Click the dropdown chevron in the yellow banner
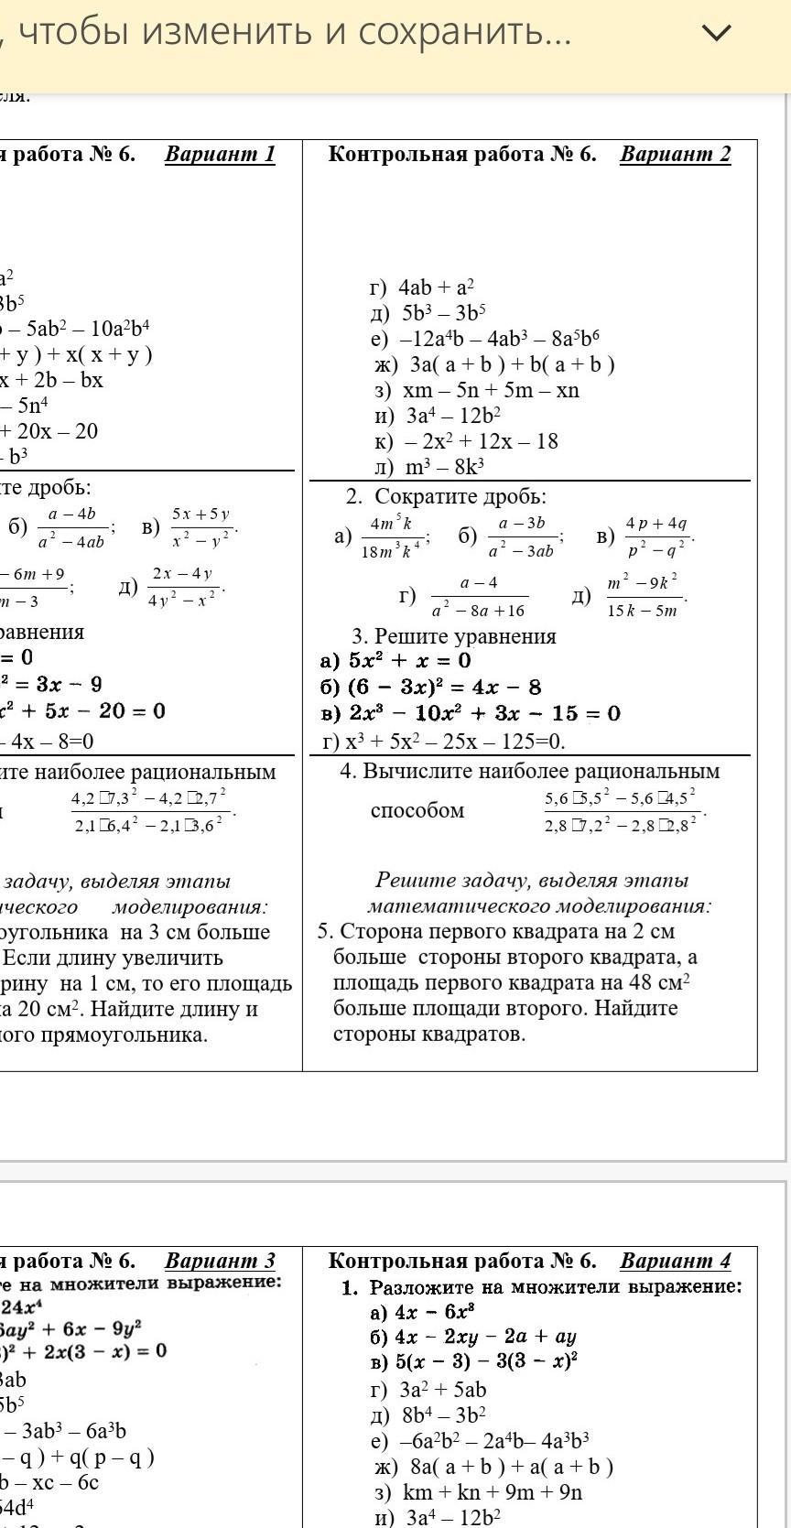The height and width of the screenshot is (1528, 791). (716, 33)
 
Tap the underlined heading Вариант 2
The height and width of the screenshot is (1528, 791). (675, 154)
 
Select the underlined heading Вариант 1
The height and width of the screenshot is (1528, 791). (220, 154)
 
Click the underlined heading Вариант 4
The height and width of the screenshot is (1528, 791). (675, 1261)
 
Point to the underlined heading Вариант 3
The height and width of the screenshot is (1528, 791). (220, 1261)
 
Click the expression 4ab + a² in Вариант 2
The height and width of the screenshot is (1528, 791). (436, 287)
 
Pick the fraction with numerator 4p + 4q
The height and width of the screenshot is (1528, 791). (656, 536)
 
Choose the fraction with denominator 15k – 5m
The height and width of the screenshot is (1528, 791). (643, 596)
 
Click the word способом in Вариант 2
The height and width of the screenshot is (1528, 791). (417, 810)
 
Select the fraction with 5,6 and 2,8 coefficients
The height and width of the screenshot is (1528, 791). (622, 810)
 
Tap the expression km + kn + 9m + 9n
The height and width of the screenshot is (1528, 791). (493, 1492)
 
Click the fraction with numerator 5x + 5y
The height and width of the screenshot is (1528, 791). (201, 527)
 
